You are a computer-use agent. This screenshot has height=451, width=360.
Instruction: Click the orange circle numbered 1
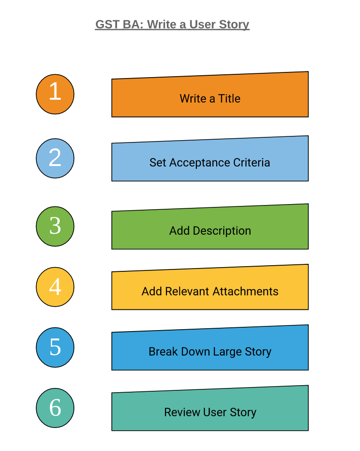pos(55,94)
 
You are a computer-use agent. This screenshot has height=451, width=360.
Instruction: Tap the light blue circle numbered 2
pos(55,158)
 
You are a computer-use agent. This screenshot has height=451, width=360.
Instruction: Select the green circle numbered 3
pos(55,226)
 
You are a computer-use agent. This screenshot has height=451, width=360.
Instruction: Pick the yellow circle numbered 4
pos(55,287)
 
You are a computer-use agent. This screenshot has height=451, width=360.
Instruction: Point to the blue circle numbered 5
pos(55,348)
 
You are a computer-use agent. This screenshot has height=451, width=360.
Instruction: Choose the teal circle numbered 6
pos(55,408)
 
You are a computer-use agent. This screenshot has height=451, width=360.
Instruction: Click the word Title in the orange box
pos(229,99)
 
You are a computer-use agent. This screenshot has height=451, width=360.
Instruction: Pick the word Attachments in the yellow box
pos(245,292)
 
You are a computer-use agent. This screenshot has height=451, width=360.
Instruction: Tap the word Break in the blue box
pos(161,352)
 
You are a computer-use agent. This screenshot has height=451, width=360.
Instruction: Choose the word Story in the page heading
pos(234,24)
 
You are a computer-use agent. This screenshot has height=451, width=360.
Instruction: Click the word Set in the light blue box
pos(157,163)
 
